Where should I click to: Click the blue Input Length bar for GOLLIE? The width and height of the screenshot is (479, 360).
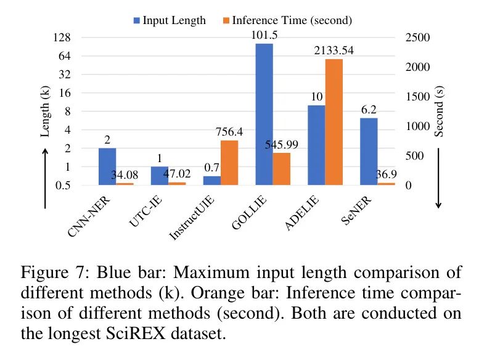pos(264,114)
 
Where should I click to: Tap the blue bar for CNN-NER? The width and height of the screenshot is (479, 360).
pos(107,166)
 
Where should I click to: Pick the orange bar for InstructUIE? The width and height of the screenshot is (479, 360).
pos(229,163)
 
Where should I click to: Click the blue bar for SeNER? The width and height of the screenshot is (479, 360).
pos(369,151)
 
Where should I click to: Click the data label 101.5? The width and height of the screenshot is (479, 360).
pos(264,35)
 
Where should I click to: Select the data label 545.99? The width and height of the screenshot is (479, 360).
pos(281,145)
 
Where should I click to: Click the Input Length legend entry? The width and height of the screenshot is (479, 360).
pos(169,20)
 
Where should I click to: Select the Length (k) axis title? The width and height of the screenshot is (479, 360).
pos(46,112)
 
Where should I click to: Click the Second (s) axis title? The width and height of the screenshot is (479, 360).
pos(439,112)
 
